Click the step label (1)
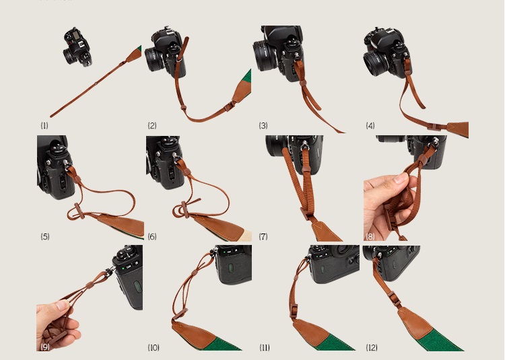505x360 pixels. pos(44,125)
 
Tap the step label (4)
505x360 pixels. pos(370,125)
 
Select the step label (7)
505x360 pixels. pos(263,236)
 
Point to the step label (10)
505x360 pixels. pos(154,347)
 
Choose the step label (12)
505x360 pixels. pos(372,347)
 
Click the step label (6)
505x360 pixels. pos(152,236)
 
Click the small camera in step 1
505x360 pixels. pos(77,46)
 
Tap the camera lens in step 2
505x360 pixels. pos(154,59)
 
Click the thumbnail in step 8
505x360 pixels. pos(401,178)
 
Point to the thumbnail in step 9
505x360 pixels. pos(62,305)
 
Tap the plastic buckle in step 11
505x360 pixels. pos(294,310)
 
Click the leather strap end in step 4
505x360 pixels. pos(458,129)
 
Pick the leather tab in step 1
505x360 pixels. pos(133,55)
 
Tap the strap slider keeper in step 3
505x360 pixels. pos(303,83)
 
